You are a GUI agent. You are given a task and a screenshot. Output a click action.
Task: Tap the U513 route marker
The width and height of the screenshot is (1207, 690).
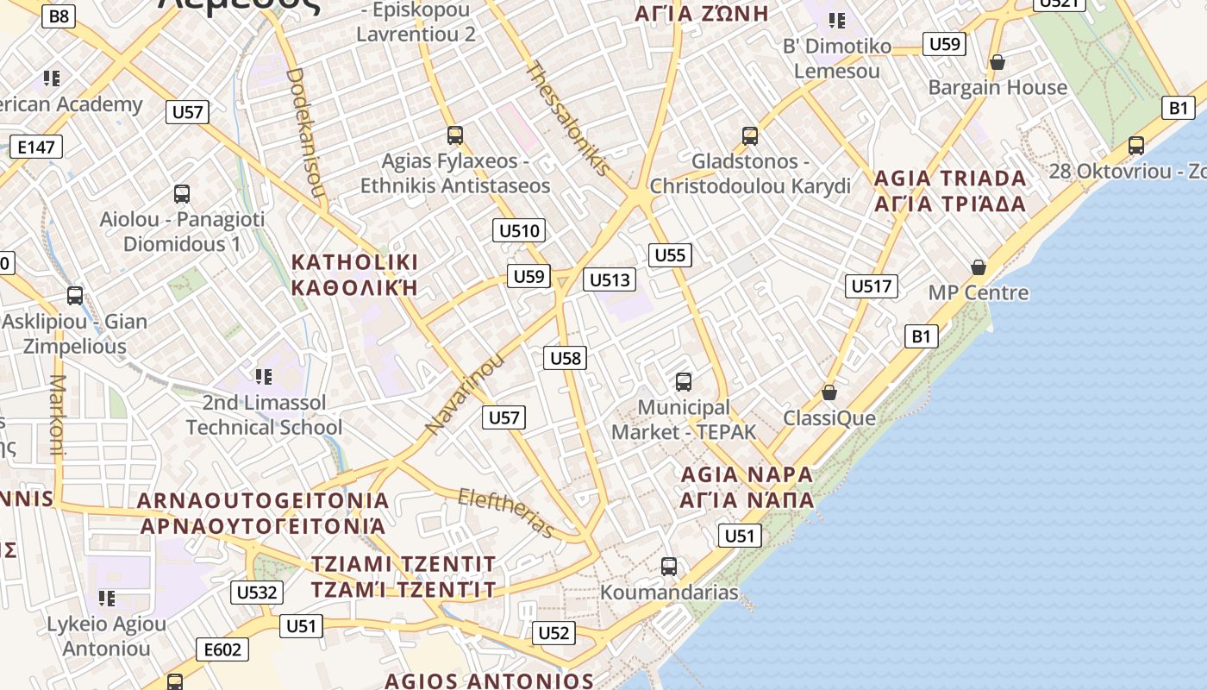coord(610,279)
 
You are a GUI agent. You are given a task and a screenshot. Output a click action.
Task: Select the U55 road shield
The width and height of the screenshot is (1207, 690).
coord(670,254)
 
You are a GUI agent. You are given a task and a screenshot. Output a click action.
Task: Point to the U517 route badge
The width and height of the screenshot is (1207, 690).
coord(872,286)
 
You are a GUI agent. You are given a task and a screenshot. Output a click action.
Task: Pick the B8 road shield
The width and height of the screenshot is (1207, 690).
coord(59,16)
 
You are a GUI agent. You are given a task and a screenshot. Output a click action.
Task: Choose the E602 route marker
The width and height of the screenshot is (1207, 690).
coord(222,649)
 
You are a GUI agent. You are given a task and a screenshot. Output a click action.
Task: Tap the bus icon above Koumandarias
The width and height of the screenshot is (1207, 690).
coord(669,567)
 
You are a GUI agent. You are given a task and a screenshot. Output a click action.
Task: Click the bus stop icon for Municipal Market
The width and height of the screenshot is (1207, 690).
coord(684,381)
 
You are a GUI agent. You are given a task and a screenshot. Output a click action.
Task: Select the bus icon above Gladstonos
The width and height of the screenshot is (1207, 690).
coord(750,135)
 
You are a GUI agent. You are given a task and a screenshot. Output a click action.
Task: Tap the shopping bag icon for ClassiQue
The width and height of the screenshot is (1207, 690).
coord(829,392)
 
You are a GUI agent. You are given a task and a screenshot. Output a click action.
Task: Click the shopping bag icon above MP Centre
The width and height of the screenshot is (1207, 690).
coord(978,267)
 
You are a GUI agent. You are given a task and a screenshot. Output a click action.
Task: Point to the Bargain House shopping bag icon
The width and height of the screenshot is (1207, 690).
coord(997,62)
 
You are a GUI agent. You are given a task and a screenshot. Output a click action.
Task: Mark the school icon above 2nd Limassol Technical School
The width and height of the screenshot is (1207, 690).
coord(264,376)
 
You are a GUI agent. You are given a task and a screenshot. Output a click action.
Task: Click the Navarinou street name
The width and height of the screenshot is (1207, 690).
coord(464,394)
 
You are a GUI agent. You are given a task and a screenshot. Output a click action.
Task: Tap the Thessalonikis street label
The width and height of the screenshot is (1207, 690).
coord(567,118)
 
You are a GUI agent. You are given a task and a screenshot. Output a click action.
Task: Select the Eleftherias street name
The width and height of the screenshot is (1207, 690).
coord(506,511)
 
